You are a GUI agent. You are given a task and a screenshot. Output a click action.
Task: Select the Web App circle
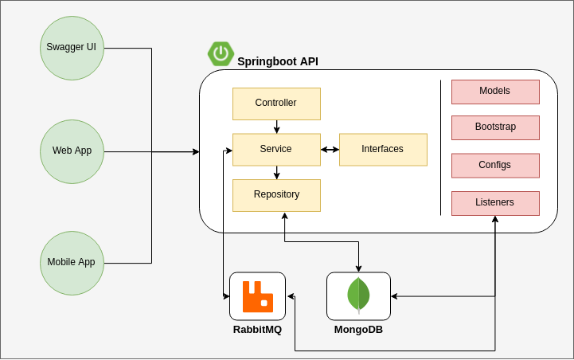[x=72, y=151]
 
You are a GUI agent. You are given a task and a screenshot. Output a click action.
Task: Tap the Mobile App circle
[x=72, y=262]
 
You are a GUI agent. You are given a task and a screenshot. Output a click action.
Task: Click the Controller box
[x=275, y=104]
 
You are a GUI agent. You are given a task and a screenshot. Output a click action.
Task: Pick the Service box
[x=275, y=149]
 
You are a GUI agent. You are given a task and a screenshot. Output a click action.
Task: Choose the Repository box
[x=275, y=195]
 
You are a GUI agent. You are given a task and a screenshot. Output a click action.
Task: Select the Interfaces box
[x=382, y=149]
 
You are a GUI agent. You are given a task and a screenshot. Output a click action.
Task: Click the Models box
[x=494, y=92]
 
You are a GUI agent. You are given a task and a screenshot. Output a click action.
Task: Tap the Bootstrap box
[x=494, y=127]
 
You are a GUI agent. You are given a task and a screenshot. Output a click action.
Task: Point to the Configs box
[x=494, y=166]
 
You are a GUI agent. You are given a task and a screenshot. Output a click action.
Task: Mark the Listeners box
[x=494, y=203]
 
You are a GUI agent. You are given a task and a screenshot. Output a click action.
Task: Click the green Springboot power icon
[x=221, y=53]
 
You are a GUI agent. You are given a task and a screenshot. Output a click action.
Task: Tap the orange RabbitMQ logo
[x=257, y=296]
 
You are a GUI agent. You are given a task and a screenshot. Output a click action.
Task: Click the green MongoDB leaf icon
[x=358, y=295]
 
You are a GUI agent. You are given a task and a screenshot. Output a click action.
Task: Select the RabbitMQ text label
[x=257, y=329]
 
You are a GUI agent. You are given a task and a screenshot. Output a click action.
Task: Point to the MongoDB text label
[x=358, y=329]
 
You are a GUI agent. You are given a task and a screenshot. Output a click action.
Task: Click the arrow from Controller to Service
[x=276, y=127]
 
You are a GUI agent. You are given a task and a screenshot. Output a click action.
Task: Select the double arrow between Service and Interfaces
[x=330, y=149]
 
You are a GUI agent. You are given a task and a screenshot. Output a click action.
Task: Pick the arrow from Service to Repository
[x=276, y=172]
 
